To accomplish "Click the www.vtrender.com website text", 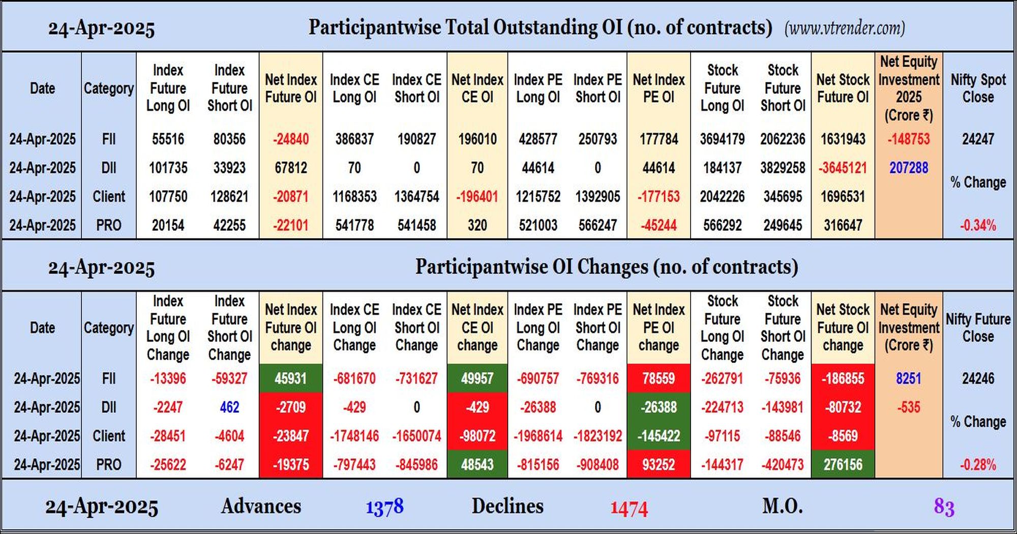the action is tap(845, 28).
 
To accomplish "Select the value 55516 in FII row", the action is tap(168, 139).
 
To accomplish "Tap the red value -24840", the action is tap(291, 139).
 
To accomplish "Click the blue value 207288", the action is tap(909, 168).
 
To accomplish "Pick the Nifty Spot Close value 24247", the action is tap(978, 139).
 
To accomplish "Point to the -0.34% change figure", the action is tap(978, 225).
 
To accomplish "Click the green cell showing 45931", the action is tap(291, 378).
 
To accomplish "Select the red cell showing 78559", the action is tap(659, 378).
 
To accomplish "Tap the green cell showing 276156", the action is tap(843, 464).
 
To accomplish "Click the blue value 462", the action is tap(229, 407).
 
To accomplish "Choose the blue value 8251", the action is tap(909, 378).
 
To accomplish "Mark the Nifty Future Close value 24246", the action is tap(978, 378).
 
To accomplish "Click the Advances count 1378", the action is tap(384, 507).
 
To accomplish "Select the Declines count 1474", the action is tap(629, 508).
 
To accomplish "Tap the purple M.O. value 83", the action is tap(944, 507).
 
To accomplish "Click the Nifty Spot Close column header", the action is tap(978, 88).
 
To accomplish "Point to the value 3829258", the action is tap(783, 168).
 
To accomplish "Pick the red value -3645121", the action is tap(843, 168).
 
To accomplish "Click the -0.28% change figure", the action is tap(978, 465).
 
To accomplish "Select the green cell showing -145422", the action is tap(659, 436).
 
